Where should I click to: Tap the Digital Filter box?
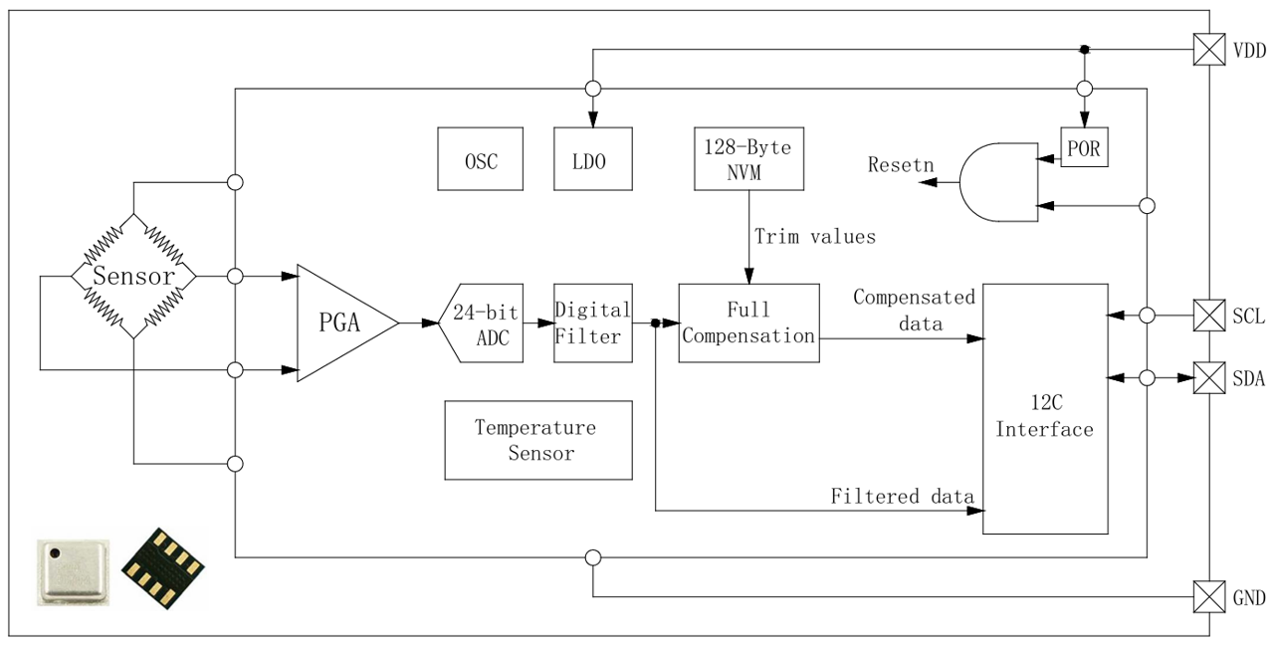[592, 322]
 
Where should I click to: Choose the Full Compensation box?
[748, 322]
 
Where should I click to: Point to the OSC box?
[481, 158]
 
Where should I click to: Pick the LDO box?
[593, 158]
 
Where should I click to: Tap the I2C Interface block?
[1045, 409]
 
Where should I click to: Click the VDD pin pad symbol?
[1209, 50]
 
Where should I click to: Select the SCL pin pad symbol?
[1209, 316]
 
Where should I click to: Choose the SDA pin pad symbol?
[1209, 378]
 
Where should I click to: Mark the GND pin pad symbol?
[1209, 597]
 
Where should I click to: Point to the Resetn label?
[901, 164]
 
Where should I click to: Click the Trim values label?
[815, 237]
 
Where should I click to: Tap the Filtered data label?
[902, 496]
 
